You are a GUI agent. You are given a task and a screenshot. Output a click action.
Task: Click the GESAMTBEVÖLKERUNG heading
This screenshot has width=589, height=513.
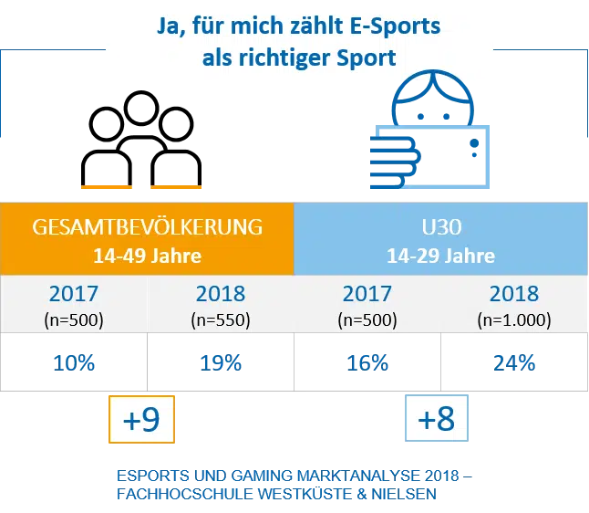pos(148,225)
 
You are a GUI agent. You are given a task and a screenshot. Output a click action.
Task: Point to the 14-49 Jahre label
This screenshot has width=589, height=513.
pos(147,255)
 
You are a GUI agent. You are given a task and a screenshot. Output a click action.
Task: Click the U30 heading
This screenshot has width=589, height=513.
pos(439,225)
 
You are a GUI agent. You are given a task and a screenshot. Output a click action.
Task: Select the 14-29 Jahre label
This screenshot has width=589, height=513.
pos(439,255)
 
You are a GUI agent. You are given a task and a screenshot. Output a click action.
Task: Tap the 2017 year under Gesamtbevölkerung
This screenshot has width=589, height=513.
pos(74,295)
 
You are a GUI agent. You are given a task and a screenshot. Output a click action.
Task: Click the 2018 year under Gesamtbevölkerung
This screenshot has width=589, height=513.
pos(221,295)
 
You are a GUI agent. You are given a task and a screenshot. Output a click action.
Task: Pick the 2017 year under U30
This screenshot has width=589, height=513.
pos(367,295)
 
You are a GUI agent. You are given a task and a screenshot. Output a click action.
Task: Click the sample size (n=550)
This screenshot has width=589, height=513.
pos(221,320)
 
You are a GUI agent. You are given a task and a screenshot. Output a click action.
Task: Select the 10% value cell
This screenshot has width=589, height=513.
pos(74,362)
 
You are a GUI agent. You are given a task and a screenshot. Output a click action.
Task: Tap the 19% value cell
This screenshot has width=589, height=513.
pos(221,362)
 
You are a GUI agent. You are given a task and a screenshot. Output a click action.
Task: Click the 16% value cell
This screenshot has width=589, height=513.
pos(367,362)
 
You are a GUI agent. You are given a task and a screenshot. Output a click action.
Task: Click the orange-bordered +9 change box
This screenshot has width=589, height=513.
pos(141,420)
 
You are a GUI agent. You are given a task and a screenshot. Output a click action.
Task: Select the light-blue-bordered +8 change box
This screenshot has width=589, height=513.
pos(437,420)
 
